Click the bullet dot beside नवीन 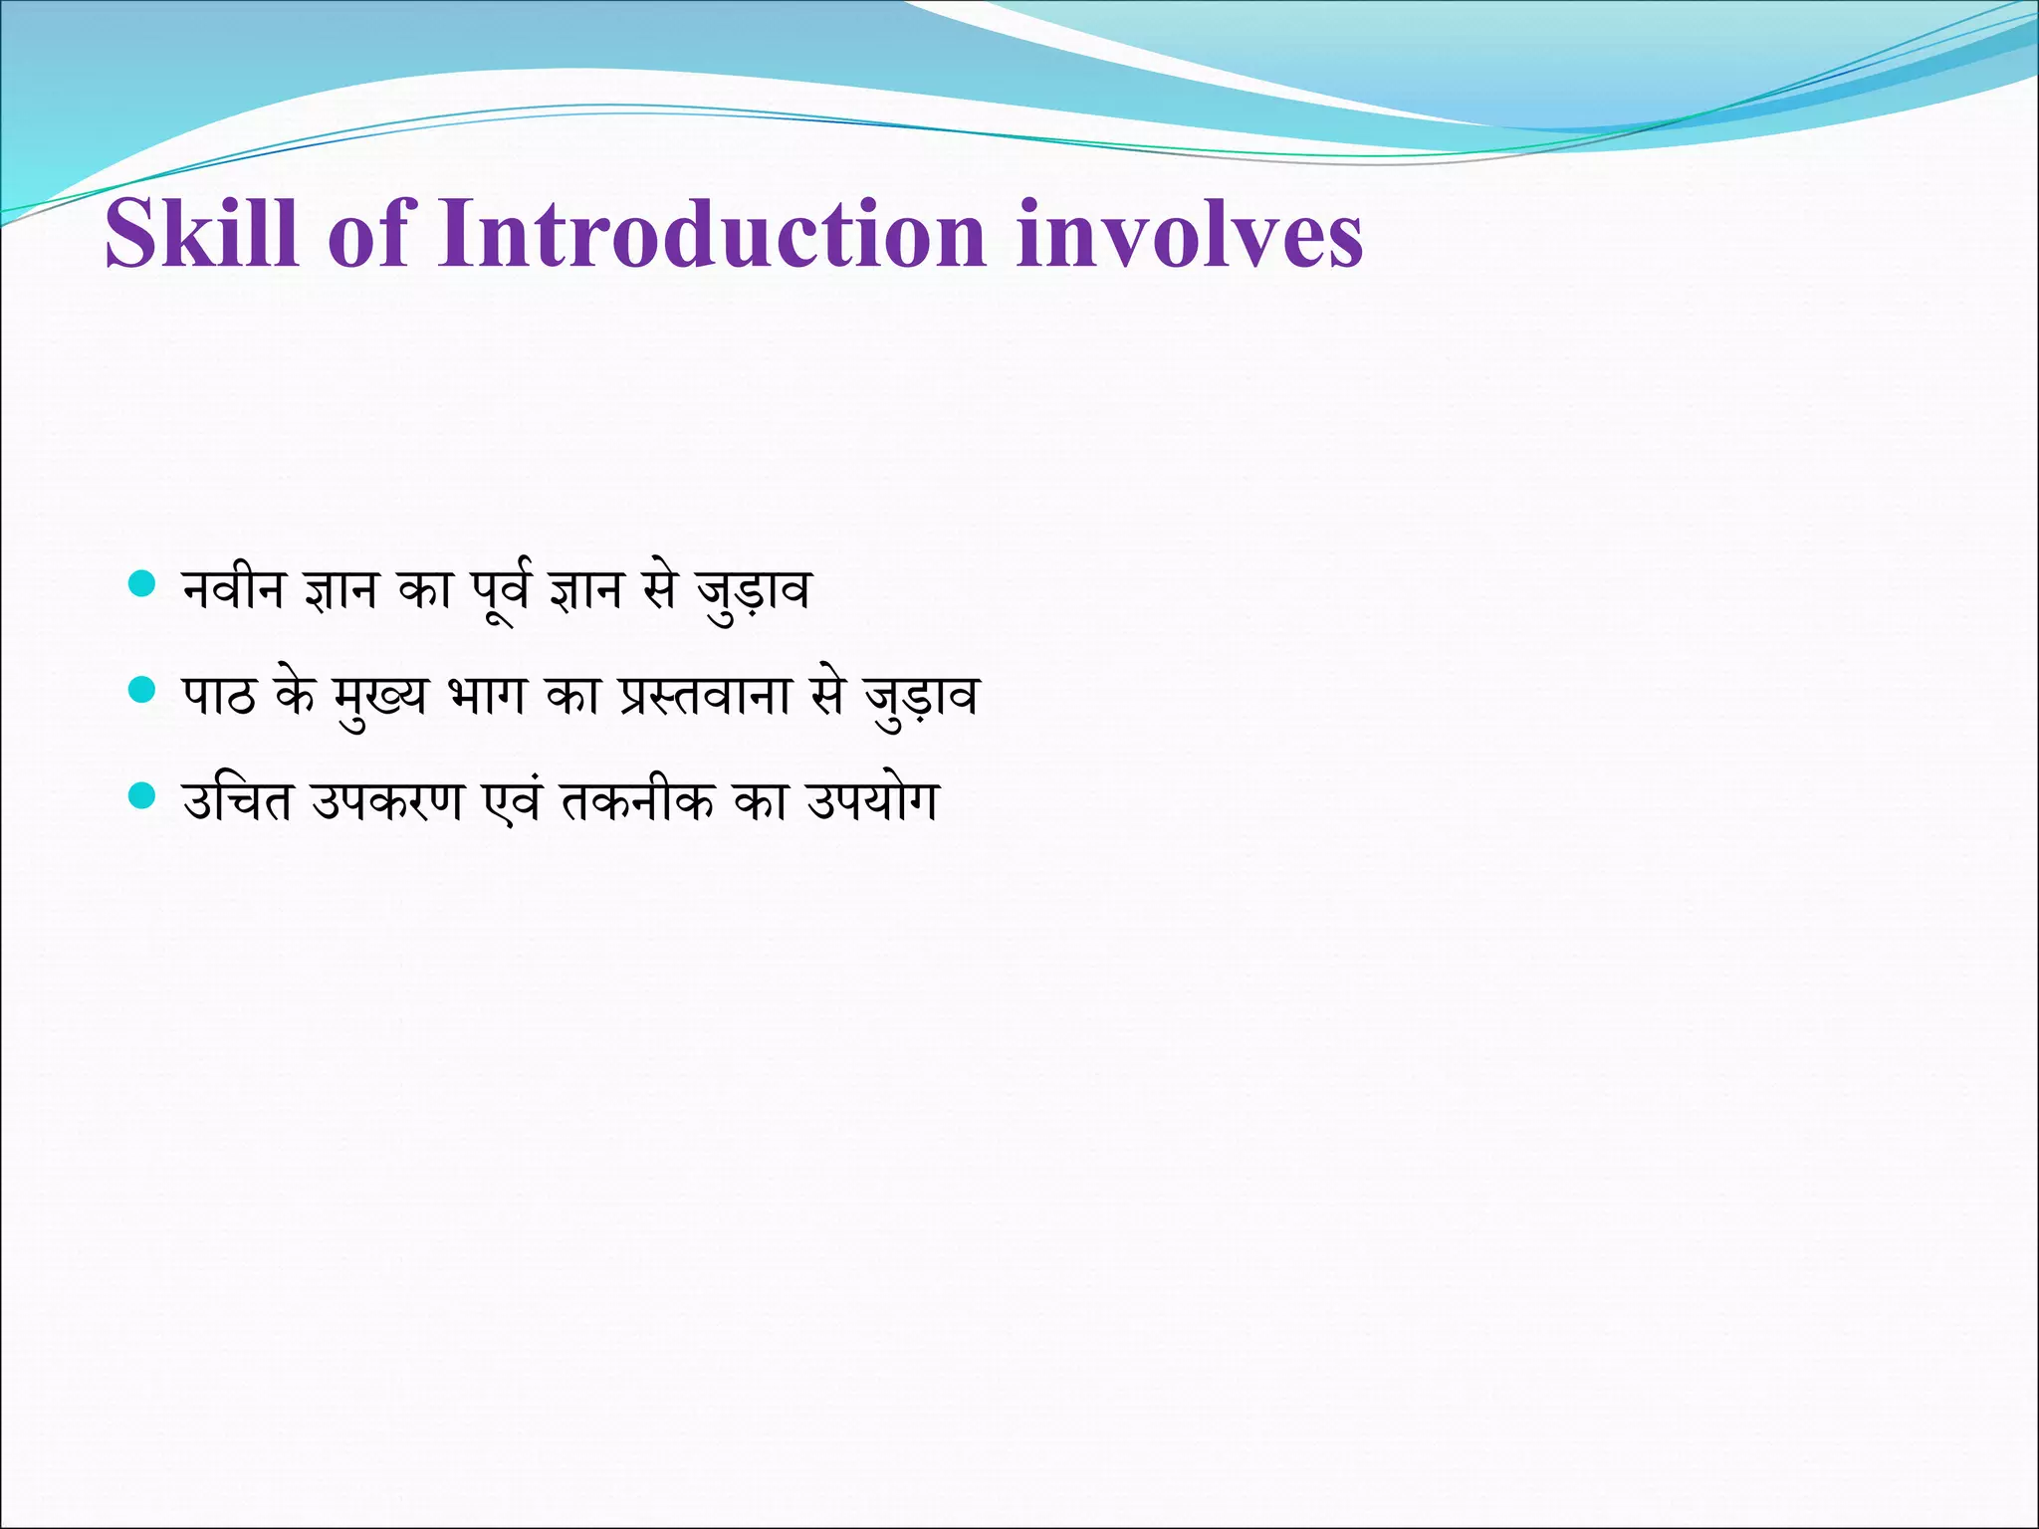[143, 583]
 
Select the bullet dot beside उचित [143, 795]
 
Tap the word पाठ [218, 696]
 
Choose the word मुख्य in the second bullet [380, 696]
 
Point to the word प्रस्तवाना [705, 696]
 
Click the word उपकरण [387, 801]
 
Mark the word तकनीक [637, 801]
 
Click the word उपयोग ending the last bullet [872, 801]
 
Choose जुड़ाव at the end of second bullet [921, 697]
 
